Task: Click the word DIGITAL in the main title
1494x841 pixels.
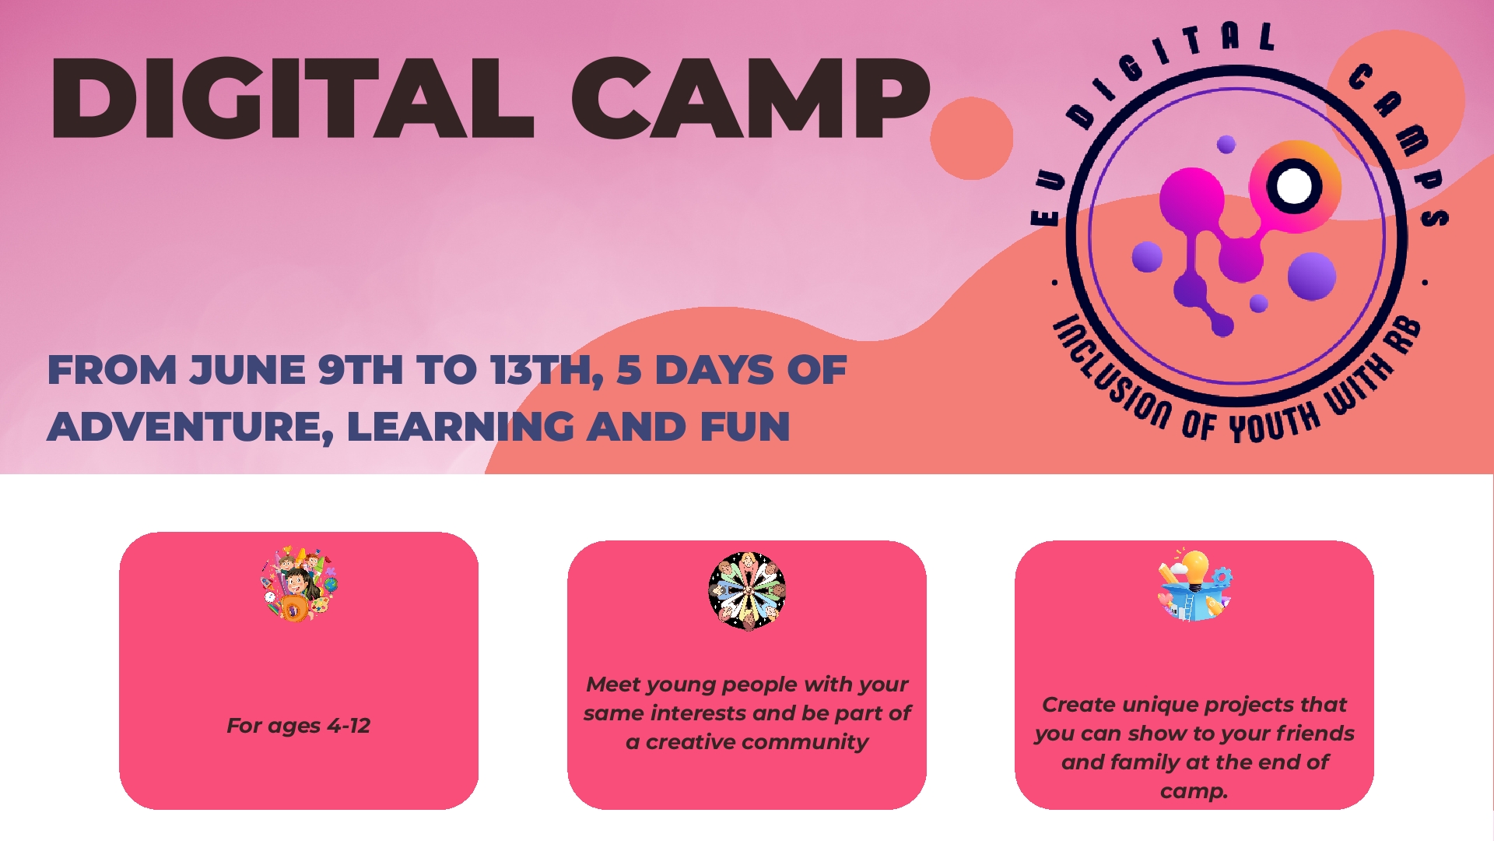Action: coord(292,99)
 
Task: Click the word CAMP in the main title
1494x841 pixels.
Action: coord(751,99)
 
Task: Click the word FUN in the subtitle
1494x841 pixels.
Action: coord(745,427)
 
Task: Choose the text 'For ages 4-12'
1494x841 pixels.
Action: coord(298,726)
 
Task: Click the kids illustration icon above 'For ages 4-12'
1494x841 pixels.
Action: coord(299,583)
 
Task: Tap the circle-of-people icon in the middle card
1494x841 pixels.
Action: coord(747,591)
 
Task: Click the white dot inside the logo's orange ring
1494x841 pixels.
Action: coord(1294,186)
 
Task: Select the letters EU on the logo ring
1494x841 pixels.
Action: coord(1047,199)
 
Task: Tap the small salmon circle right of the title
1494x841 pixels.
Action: coord(971,139)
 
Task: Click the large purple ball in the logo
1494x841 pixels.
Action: coord(1311,276)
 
